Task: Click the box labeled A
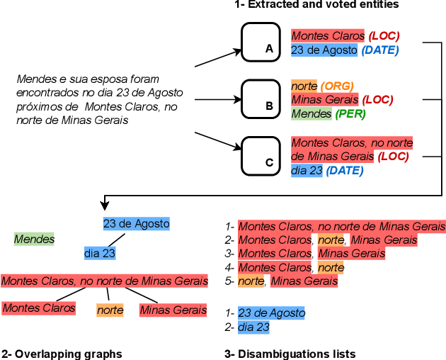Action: (262, 40)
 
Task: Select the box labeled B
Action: (262, 98)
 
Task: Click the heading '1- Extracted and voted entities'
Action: (316, 5)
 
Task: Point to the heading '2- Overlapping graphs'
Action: (62, 354)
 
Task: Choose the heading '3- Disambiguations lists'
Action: (290, 354)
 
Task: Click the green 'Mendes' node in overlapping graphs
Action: (34, 240)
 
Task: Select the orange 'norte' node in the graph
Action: (110, 310)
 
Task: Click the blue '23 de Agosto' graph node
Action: (137, 224)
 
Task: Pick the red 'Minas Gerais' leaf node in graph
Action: (173, 310)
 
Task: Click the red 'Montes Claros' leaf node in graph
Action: (39, 308)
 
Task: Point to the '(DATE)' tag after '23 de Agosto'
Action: (380, 50)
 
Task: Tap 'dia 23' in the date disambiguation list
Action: (253, 327)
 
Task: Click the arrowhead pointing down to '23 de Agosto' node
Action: (105, 206)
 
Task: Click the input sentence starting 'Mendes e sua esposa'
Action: (99, 99)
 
